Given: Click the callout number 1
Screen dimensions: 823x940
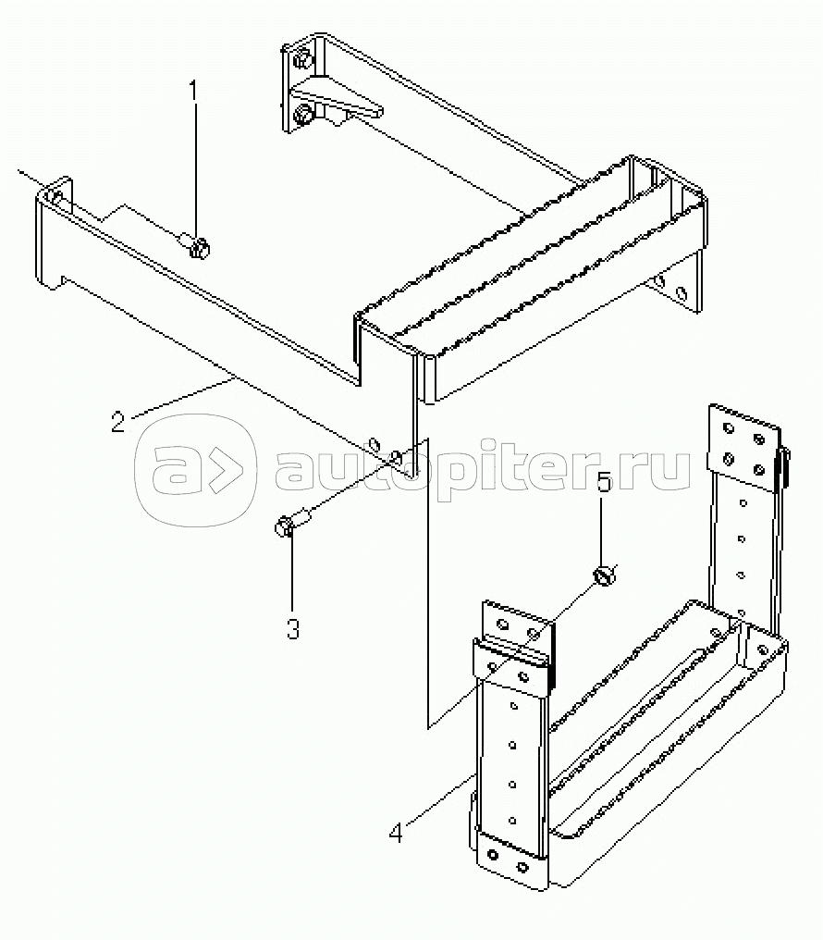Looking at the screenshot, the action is coord(193,93).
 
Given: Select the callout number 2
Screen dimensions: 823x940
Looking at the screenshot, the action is coord(118,422).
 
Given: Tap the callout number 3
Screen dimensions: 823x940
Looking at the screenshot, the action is coord(293,629).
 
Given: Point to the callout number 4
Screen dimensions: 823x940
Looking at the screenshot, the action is coord(396,833).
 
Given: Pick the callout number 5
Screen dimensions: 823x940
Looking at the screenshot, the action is coord(603,483).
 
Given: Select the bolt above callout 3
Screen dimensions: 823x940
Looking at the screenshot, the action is coord(290,522).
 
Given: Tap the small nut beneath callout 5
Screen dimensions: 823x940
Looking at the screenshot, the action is coord(605,576).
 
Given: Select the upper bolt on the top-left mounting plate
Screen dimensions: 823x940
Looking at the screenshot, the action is coord(302,60).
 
